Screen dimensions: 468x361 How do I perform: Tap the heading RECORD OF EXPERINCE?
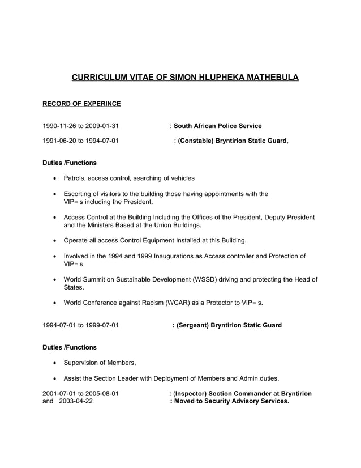click(x=82, y=104)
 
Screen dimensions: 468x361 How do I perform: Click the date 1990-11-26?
click(x=59, y=126)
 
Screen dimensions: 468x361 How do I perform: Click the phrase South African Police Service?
click(x=217, y=126)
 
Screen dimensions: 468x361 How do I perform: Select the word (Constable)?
click(x=196, y=141)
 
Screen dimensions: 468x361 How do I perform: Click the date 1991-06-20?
click(x=59, y=141)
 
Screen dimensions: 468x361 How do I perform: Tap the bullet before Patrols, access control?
click(x=54, y=178)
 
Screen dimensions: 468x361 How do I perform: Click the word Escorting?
click(x=79, y=194)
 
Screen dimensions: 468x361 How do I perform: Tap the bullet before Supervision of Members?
click(x=54, y=363)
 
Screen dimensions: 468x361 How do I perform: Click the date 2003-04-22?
click(x=76, y=401)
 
